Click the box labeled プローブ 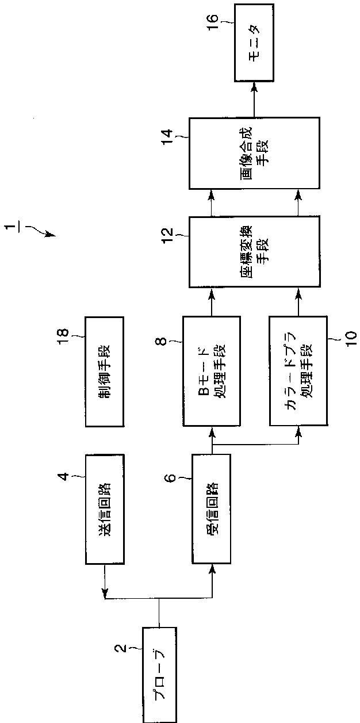(x=159, y=674)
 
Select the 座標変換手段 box (x=254, y=251)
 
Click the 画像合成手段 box (x=254, y=152)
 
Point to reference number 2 (x=120, y=649)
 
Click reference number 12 (x=167, y=234)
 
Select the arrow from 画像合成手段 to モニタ (x=254, y=100)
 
